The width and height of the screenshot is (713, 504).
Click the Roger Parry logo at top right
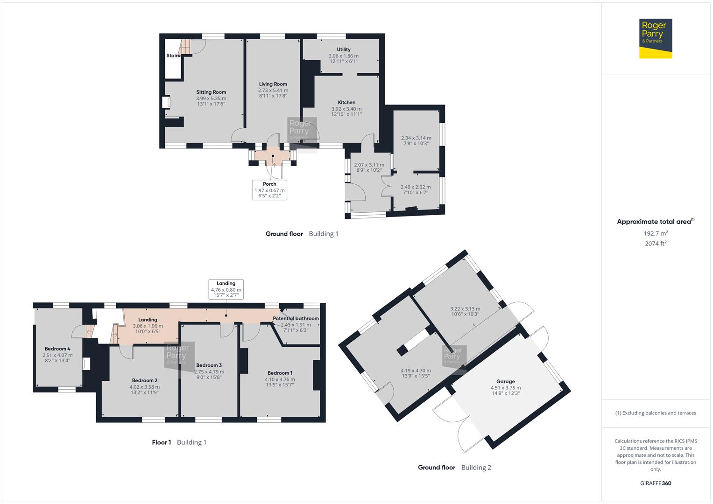click(655, 38)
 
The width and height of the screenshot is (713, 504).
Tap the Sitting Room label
click(211, 92)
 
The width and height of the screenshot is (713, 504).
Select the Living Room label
click(273, 84)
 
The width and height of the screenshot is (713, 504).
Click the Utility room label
click(344, 49)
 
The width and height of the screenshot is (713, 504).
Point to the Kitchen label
click(346, 103)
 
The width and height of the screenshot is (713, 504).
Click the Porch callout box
click(269, 190)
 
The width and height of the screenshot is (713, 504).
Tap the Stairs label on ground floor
click(173, 56)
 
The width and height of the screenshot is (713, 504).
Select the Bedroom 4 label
click(57, 349)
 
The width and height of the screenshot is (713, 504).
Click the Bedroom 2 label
click(144, 381)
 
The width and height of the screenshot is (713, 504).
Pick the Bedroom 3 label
click(209, 365)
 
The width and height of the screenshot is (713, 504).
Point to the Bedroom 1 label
click(280, 373)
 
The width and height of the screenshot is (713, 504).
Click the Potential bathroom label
click(296, 319)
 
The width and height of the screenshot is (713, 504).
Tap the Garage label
click(505, 382)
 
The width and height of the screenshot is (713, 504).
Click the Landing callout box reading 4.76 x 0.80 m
click(226, 289)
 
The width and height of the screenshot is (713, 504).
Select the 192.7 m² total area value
click(655, 233)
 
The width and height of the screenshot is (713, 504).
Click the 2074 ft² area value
click(655, 244)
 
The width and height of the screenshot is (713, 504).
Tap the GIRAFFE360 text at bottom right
click(655, 483)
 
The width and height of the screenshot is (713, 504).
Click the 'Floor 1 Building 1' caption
click(179, 442)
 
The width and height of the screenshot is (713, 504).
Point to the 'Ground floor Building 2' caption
click(454, 468)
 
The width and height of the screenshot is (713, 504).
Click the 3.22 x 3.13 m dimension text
click(465, 309)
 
